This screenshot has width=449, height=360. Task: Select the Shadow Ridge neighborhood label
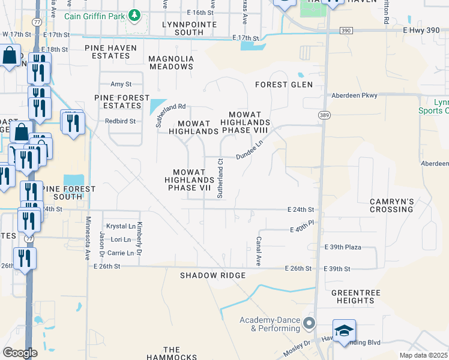click(213, 275)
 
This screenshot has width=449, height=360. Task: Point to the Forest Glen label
click(284, 85)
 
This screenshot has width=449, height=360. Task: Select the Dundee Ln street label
click(249, 150)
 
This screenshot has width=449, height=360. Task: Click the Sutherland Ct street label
click(220, 179)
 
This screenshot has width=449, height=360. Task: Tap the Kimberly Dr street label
click(139, 235)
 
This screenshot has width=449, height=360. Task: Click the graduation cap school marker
click(345, 331)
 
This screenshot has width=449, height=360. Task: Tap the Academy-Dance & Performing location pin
click(309, 324)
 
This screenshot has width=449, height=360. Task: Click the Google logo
click(20, 353)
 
